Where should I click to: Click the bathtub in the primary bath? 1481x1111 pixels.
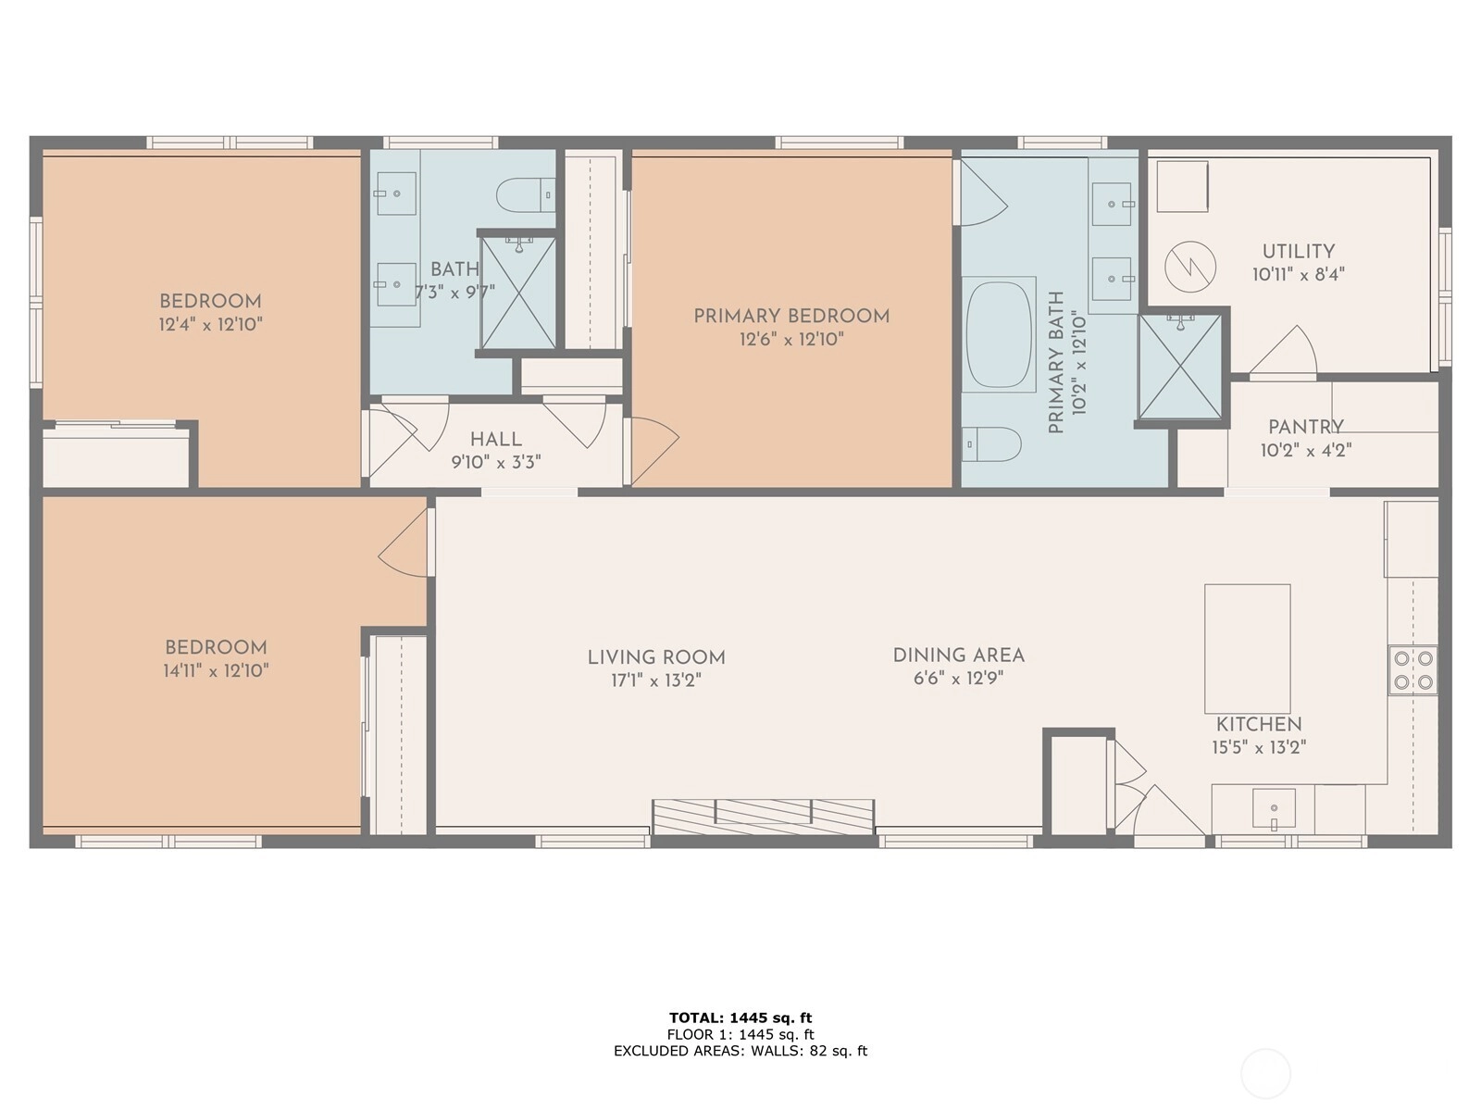tap(999, 334)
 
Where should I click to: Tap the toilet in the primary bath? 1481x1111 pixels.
tap(991, 443)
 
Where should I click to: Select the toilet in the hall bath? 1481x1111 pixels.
tap(526, 195)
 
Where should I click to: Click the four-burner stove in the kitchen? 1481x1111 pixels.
tap(1413, 669)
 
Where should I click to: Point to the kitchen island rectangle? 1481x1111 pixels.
tap(1248, 649)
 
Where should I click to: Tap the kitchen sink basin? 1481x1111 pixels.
tap(1274, 808)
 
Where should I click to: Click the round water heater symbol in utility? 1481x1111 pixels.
tap(1190, 268)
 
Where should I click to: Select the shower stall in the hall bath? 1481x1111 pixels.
tap(518, 293)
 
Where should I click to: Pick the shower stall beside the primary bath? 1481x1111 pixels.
tap(1180, 367)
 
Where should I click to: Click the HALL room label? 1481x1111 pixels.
tap(496, 440)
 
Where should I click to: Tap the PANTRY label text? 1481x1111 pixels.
tap(1306, 428)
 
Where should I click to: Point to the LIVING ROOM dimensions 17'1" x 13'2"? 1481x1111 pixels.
tap(656, 680)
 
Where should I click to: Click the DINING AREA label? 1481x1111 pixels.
tap(959, 655)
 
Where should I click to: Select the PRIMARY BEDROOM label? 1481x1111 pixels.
tap(792, 317)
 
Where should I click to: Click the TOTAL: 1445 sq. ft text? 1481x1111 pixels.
tap(740, 1017)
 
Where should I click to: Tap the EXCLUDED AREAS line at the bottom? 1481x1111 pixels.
tap(740, 1050)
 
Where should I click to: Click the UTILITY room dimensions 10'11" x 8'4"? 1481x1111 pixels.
tap(1299, 275)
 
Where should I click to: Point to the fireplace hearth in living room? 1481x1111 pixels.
tap(763, 817)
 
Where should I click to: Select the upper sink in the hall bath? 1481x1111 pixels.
tap(395, 193)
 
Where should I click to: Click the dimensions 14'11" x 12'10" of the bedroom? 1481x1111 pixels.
tap(216, 671)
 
